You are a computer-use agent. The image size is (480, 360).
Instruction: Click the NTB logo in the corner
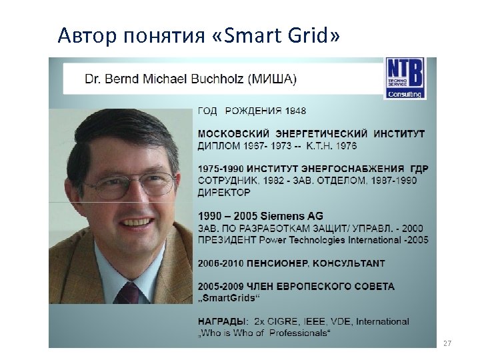[x=405, y=78]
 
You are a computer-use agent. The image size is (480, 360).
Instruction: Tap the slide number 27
[x=447, y=343]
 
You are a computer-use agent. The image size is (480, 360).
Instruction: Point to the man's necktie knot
[x=129, y=291]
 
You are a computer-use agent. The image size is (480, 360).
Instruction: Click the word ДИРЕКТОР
[x=224, y=192]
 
